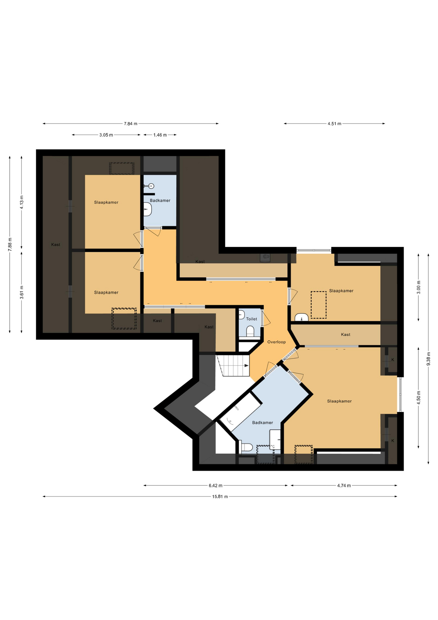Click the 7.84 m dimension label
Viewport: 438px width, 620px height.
click(131, 124)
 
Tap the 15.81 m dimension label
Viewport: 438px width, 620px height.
click(220, 497)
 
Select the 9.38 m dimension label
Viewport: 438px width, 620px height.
click(428, 359)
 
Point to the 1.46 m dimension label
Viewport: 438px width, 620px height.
click(160, 135)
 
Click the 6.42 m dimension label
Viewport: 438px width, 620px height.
click(215, 486)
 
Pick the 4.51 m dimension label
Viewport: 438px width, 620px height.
click(334, 124)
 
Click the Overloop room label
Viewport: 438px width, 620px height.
click(276, 342)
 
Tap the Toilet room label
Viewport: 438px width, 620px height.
click(252, 319)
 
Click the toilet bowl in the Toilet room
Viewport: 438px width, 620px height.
click(250, 331)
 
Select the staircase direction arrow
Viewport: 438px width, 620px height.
click(246, 366)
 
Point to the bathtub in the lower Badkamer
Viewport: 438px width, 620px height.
click(240, 412)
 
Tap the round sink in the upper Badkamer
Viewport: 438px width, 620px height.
click(151, 186)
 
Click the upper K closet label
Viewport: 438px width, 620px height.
click(393, 360)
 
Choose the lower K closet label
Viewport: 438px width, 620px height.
click(393, 441)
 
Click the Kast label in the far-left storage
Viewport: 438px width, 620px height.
click(55, 245)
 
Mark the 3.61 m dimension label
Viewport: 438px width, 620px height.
click(22, 293)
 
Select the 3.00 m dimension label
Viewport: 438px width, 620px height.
click(419, 287)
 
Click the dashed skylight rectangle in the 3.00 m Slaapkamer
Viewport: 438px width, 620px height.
click(319, 305)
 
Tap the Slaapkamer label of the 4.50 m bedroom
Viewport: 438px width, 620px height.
click(339, 401)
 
